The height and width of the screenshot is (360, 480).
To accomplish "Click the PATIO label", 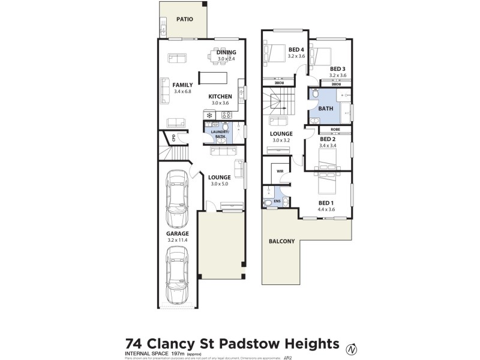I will (x=185, y=19).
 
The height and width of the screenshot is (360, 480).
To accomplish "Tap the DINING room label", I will (x=226, y=53).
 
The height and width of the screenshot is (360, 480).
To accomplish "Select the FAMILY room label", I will (x=182, y=85).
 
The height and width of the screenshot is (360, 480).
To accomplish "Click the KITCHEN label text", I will (x=220, y=96).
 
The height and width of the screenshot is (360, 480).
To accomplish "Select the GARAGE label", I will (x=177, y=233).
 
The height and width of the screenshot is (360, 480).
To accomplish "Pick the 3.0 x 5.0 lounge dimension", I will (x=220, y=184).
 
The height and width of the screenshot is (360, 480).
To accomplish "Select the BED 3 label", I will (x=338, y=68).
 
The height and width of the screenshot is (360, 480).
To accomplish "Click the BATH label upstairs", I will (x=326, y=109).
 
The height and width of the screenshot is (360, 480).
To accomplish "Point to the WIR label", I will (x=280, y=171).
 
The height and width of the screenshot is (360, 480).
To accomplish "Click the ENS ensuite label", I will (x=277, y=201).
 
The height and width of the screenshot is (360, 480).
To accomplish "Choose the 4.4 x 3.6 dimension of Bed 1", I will (x=326, y=209).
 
